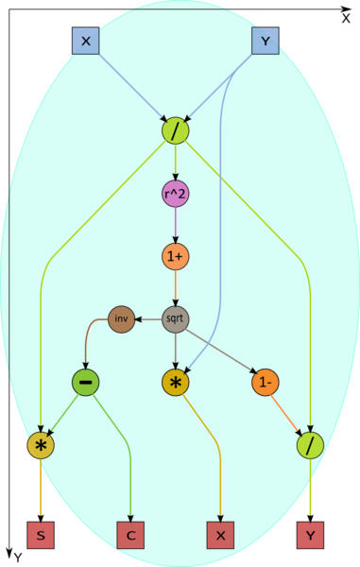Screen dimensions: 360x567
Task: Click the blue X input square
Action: pyautogui.click(x=86, y=41)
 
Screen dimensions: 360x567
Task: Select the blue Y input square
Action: pyautogui.click(x=266, y=41)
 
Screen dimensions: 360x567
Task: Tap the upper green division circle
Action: pyautogui.click(x=176, y=130)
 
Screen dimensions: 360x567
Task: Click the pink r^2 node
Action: pyautogui.click(x=176, y=194)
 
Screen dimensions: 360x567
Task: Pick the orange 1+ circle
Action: pyautogui.click(x=176, y=256)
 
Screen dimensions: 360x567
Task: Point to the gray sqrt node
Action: pyautogui.click(x=176, y=319)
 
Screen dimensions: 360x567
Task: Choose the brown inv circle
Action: pyautogui.click(x=122, y=319)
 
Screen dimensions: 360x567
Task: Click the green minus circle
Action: pyautogui.click(x=86, y=382)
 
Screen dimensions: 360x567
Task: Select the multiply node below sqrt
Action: pyautogui.click(x=176, y=382)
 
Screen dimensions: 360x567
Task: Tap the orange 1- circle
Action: pyautogui.click(x=266, y=382)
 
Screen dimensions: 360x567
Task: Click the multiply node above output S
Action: pyautogui.click(x=41, y=445)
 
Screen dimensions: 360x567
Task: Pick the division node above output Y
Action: pyautogui.click(x=310, y=445)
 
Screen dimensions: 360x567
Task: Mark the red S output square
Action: pyautogui.click(x=41, y=535)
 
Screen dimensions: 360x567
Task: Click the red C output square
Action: pyautogui.click(x=130, y=535)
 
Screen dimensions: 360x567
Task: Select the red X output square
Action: pyautogui.click(x=220, y=535)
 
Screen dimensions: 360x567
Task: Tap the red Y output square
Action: pyautogui.click(x=310, y=535)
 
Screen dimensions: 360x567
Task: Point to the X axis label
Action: pyautogui.click(x=346, y=19)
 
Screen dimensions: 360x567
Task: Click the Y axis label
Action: pyautogui.click(x=18, y=558)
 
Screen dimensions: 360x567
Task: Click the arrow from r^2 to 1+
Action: pyautogui.click(x=176, y=225)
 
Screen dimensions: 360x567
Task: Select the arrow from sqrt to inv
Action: pyautogui.click(x=148, y=319)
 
